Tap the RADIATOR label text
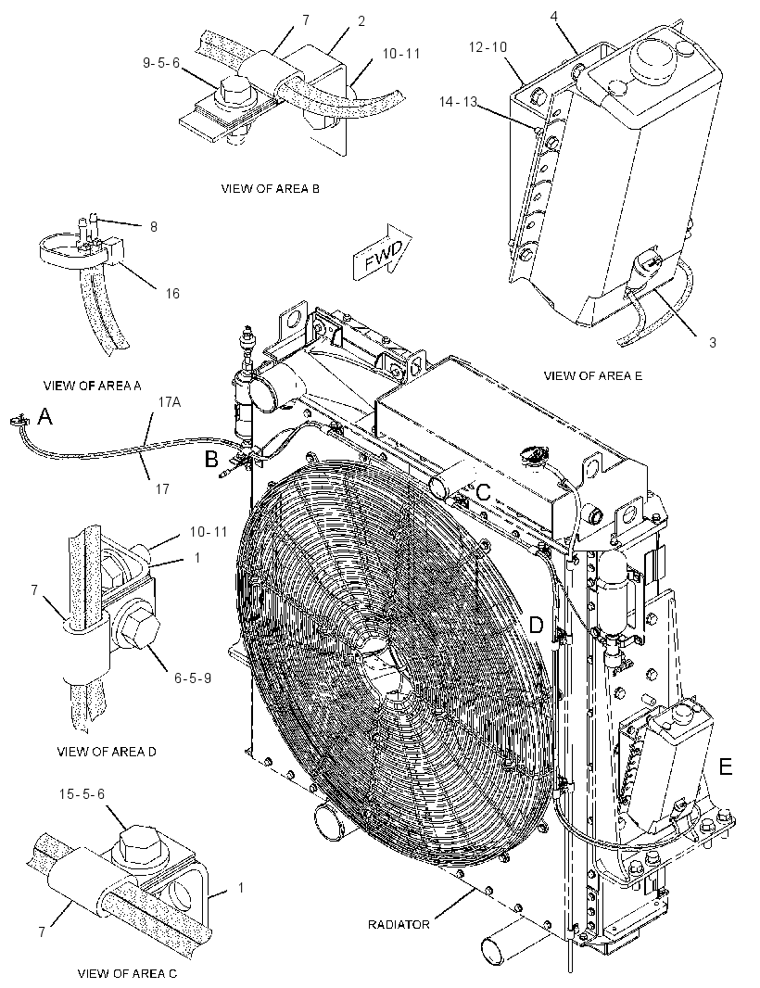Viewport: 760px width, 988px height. pyautogui.click(x=399, y=924)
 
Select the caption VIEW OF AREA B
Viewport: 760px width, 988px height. pyautogui.click(x=271, y=188)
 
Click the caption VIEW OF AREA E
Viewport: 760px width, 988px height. pyautogui.click(x=593, y=375)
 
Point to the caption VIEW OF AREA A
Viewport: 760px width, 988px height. pyautogui.click(x=92, y=386)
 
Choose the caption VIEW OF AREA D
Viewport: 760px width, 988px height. pyautogui.click(x=107, y=751)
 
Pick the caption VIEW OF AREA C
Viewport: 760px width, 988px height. pyautogui.click(x=127, y=973)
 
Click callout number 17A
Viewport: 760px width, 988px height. pyautogui.click(x=170, y=401)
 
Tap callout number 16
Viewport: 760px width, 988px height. pyautogui.click(x=172, y=293)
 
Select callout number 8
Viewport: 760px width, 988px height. pyautogui.click(x=154, y=226)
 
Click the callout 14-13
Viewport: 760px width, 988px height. pyautogui.click(x=458, y=101)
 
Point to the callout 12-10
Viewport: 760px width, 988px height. pyautogui.click(x=488, y=46)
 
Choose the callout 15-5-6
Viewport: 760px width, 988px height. pyautogui.click(x=82, y=794)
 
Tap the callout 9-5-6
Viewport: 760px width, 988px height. pyautogui.click(x=161, y=63)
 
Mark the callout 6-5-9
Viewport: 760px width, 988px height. pyautogui.click(x=193, y=678)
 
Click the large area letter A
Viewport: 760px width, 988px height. pyautogui.click(x=44, y=416)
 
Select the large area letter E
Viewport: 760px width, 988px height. pyautogui.click(x=726, y=766)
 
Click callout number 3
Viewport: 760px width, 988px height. pyautogui.click(x=713, y=343)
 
